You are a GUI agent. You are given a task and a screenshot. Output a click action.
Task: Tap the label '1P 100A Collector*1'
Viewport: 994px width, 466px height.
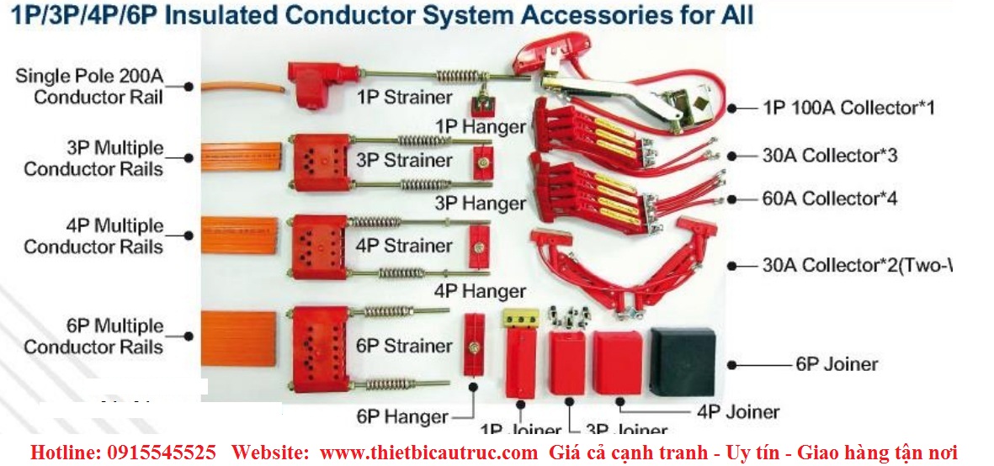[848, 108]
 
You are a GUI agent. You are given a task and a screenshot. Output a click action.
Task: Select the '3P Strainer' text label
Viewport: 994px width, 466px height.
[404, 160]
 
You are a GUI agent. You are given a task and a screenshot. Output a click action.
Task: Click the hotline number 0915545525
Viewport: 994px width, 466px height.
[162, 452]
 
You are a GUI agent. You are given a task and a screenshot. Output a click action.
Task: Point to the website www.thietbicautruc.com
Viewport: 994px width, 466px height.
[429, 452]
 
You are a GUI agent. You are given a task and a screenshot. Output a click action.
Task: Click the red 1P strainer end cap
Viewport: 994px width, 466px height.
[311, 83]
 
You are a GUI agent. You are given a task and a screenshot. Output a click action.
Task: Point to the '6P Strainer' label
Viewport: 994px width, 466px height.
[404, 346]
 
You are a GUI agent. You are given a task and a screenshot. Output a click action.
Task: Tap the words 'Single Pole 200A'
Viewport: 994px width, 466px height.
[88, 77]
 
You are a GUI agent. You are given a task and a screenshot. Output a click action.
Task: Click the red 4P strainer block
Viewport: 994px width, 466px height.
[317, 246]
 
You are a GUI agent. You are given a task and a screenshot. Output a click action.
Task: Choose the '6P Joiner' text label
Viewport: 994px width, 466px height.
[837, 364]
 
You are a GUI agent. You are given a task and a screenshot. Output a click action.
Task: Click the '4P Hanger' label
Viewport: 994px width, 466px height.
[481, 291]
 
